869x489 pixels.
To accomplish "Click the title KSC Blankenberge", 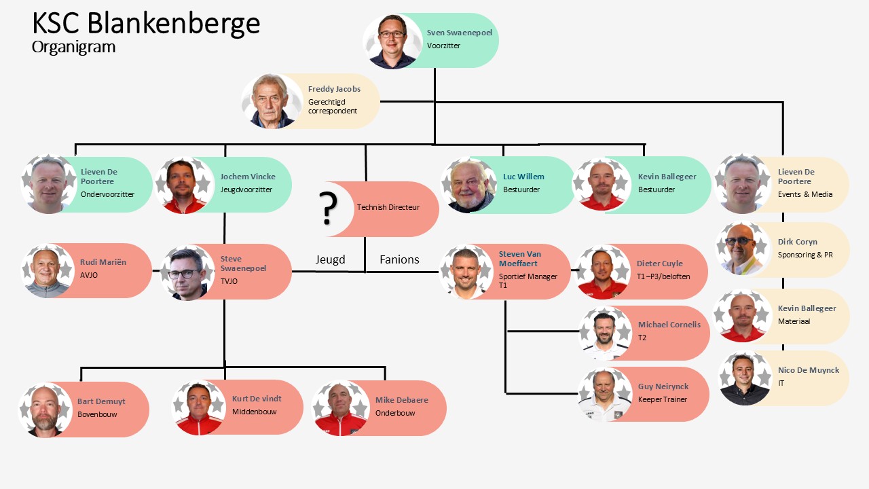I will (x=146, y=23).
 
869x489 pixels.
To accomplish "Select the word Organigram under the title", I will (x=73, y=47).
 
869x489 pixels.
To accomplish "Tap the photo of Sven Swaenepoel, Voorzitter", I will (x=392, y=41).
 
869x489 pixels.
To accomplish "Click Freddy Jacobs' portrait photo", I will (x=272, y=101).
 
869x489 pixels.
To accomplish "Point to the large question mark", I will (x=329, y=209).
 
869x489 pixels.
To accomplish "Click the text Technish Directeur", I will (x=388, y=207).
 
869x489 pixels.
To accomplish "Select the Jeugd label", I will (x=330, y=259).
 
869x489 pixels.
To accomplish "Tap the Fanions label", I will (x=399, y=259).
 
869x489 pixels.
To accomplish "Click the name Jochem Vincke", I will (x=248, y=177).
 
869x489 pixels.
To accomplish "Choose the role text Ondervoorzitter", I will (x=107, y=194).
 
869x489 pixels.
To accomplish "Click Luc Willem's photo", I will (x=469, y=185).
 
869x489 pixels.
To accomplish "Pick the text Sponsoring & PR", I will (x=805, y=255).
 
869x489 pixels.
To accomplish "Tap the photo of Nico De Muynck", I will (x=745, y=378).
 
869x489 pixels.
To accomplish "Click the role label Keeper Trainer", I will (x=662, y=399).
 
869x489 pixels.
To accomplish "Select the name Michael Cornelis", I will (x=669, y=325).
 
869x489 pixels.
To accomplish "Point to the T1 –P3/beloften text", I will (x=659, y=276).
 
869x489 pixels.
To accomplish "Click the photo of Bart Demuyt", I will (x=46, y=410).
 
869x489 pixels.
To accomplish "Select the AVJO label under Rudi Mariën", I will (x=90, y=275).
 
